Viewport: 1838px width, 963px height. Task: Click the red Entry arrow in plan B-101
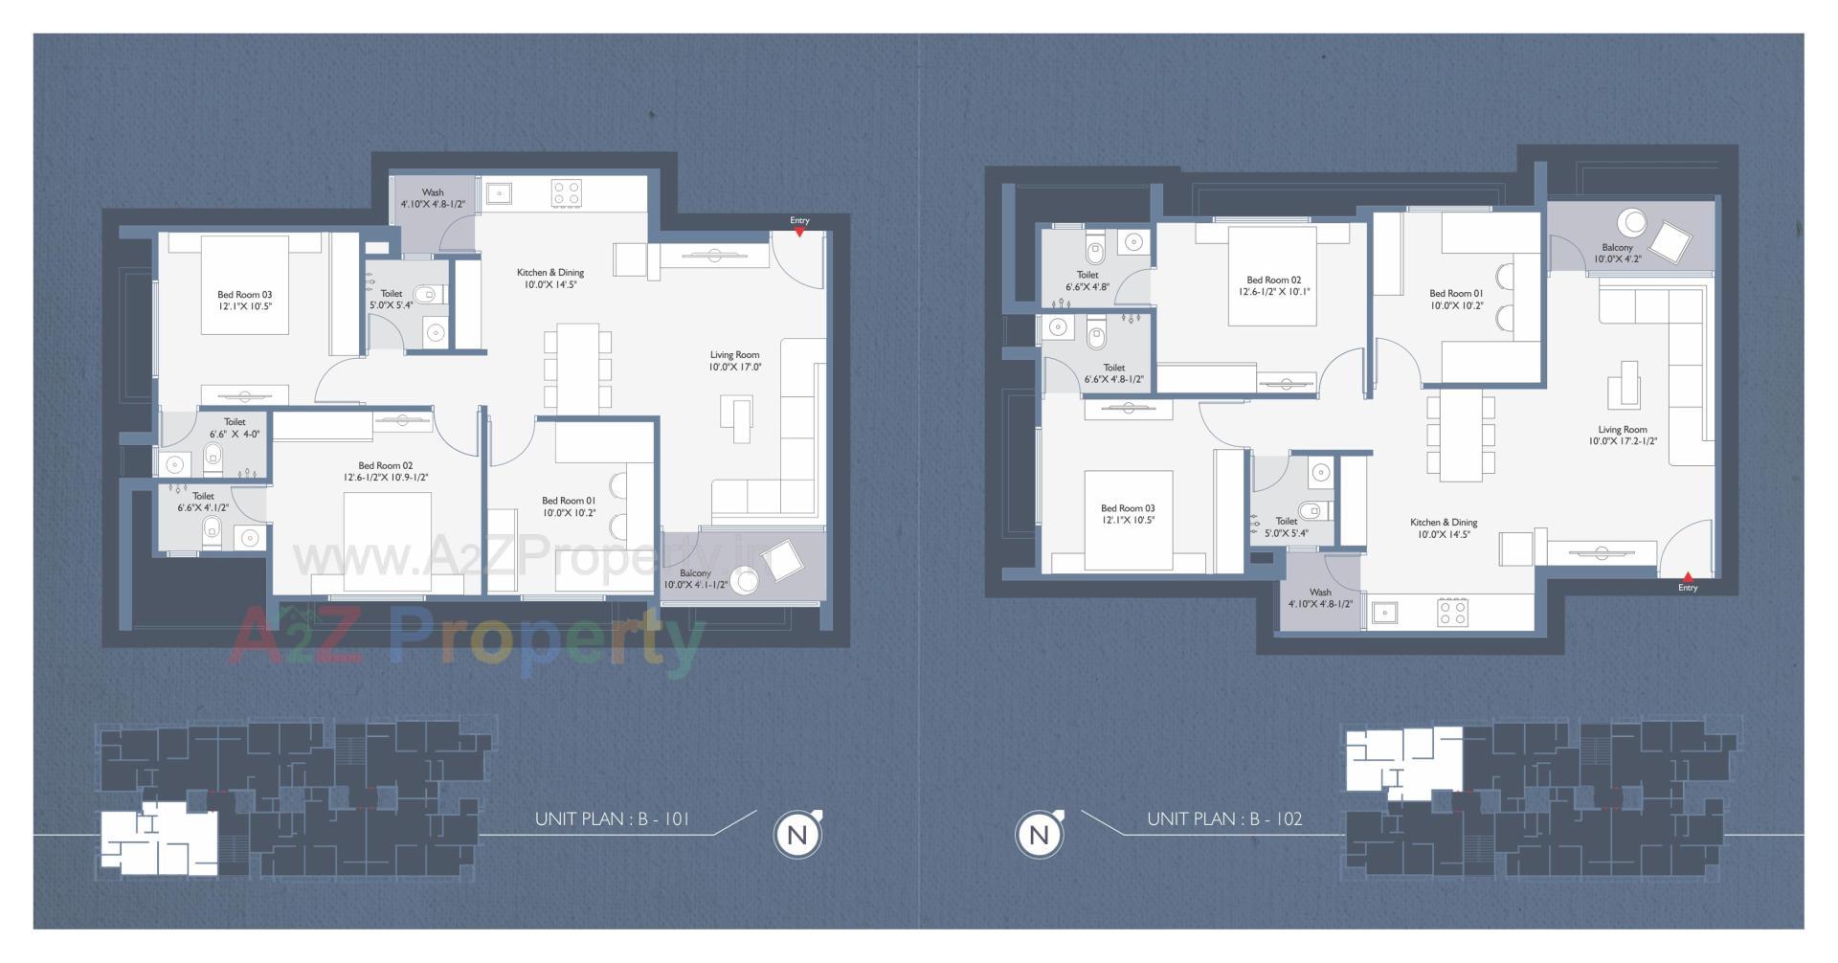(800, 232)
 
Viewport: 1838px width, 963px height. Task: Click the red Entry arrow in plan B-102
(1688, 577)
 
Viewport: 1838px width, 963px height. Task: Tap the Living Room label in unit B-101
(734, 355)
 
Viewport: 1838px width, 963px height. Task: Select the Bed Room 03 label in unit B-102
(1128, 508)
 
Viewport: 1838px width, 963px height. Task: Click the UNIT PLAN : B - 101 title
(612, 819)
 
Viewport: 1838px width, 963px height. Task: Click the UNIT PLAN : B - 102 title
(1224, 819)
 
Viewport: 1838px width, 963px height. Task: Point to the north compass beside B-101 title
(797, 835)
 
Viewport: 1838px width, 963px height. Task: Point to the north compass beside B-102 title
(1039, 835)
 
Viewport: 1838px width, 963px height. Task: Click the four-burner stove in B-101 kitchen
(567, 194)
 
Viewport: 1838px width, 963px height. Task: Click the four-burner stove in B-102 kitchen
(1452, 613)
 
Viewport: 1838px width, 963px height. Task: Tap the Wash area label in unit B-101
(433, 192)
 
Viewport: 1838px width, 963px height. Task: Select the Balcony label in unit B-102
(1618, 248)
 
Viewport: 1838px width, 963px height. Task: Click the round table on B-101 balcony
(746, 580)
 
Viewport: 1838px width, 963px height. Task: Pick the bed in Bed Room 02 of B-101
(387, 542)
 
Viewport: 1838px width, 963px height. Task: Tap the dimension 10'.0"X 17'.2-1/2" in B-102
(1623, 441)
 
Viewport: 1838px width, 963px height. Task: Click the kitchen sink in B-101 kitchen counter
(499, 194)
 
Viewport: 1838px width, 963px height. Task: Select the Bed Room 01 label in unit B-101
(569, 501)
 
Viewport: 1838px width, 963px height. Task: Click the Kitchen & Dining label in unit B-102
(1444, 523)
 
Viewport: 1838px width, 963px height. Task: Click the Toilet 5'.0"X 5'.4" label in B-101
(391, 294)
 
